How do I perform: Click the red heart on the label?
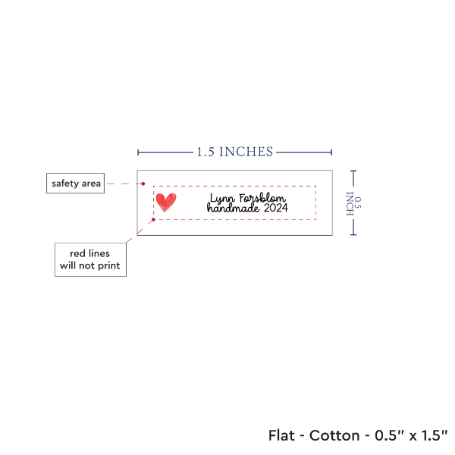click(166, 202)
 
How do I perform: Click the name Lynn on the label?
click(222, 199)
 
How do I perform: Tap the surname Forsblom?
click(262, 198)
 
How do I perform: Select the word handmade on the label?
click(233, 208)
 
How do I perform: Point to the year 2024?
click(276, 208)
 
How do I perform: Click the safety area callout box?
click(75, 184)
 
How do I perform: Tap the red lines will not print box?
click(90, 259)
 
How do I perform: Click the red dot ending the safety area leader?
click(143, 184)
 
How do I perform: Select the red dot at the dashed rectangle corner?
click(153, 220)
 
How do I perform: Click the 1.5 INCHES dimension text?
click(235, 152)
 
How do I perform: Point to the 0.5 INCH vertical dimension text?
click(353, 203)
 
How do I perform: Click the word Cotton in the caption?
click(334, 435)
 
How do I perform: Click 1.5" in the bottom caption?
click(435, 435)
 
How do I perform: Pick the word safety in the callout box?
click(65, 184)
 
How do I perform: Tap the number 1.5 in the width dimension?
click(206, 152)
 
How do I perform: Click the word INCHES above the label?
click(246, 152)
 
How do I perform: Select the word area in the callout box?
click(91, 184)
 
